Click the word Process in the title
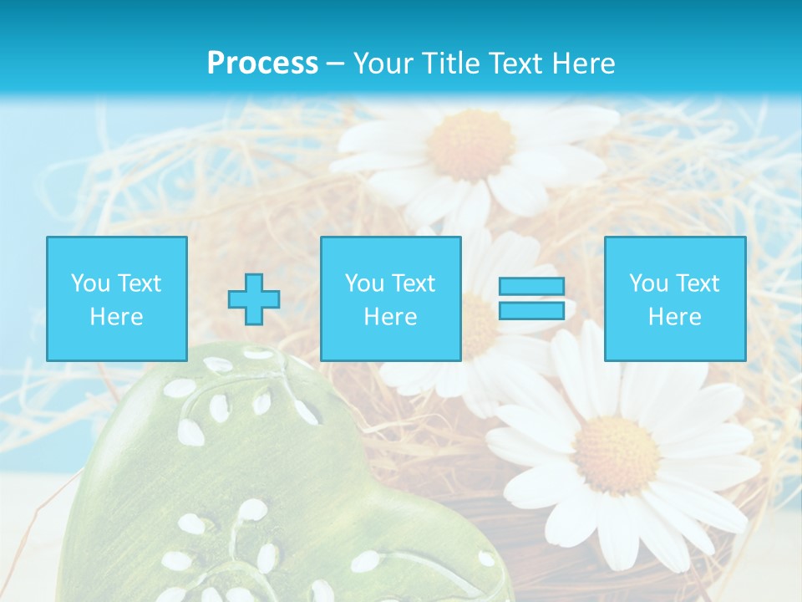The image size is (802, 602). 262,64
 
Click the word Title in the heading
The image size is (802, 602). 449,64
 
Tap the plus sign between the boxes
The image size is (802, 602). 254,299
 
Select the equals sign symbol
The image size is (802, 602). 531,298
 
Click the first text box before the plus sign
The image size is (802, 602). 116,298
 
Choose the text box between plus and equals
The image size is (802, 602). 390,298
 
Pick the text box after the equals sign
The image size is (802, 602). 674,298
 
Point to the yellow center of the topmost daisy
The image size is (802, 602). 470,145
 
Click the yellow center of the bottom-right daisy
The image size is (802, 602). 617,454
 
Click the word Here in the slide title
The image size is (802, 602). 586,64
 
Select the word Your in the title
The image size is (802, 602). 382,64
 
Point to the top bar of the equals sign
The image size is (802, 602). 531,287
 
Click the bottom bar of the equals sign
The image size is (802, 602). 531,310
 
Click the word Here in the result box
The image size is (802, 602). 674,317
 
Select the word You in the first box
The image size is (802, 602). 90,283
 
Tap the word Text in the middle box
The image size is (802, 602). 414,283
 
